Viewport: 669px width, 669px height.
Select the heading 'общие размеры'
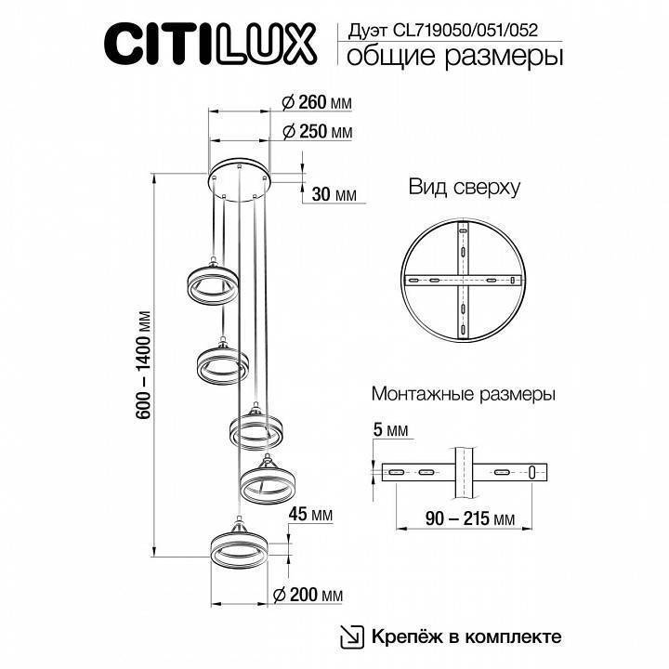click(x=454, y=58)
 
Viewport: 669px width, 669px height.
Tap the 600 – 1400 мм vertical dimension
click(x=143, y=366)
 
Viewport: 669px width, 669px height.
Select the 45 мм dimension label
click(x=311, y=514)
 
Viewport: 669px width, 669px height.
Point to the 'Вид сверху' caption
click(x=465, y=187)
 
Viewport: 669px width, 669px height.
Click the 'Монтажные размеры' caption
click(x=463, y=394)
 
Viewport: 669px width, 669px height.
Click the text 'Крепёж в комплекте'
click(x=466, y=636)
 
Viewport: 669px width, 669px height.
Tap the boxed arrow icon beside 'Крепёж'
click(x=352, y=636)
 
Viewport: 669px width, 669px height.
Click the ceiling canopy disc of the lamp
click(x=239, y=177)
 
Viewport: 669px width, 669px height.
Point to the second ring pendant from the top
click(x=222, y=363)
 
